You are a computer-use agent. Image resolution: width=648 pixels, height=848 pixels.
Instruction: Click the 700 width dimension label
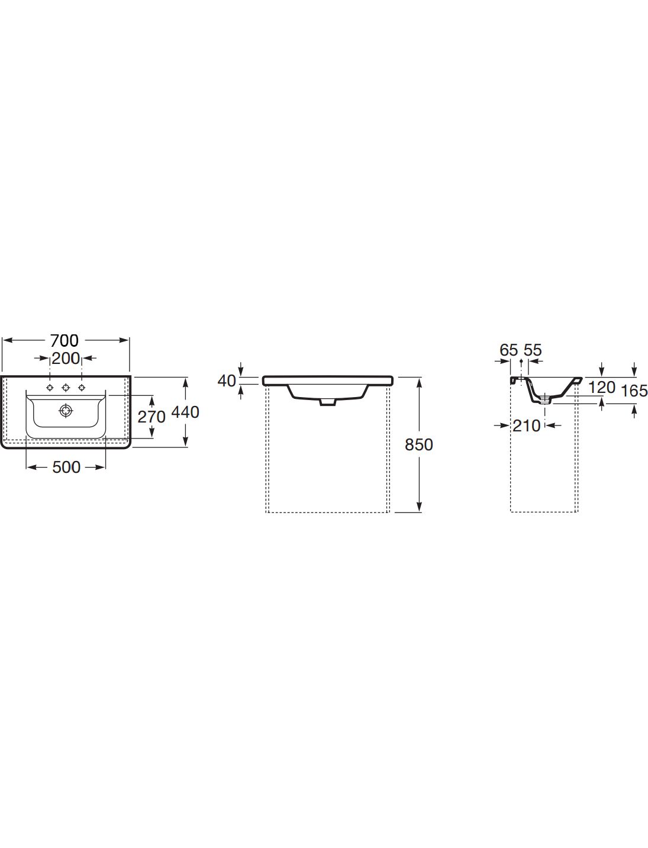[65, 340]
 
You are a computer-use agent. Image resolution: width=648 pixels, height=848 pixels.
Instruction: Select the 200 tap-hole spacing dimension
[66, 359]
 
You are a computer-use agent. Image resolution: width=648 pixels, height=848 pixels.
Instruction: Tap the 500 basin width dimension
[66, 467]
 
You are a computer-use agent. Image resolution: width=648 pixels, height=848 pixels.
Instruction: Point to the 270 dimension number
[151, 417]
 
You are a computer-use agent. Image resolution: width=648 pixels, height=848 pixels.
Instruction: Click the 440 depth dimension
[185, 412]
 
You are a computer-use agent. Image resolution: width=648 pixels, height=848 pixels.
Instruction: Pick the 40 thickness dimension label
[227, 381]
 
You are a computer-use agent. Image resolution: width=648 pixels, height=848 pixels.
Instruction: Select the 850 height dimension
[418, 445]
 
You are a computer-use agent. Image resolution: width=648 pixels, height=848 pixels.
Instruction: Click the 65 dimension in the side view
[508, 350]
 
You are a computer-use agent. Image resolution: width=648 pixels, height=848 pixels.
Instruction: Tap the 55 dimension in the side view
[533, 350]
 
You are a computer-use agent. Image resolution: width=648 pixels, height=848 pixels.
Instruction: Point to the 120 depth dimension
[602, 388]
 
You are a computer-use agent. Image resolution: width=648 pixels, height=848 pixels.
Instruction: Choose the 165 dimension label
[634, 391]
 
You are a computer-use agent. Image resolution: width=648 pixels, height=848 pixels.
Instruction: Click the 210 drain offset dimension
[526, 426]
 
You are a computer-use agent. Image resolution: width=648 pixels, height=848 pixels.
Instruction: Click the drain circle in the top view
[66, 411]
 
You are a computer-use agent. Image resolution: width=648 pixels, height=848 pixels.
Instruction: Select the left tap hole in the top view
[50, 388]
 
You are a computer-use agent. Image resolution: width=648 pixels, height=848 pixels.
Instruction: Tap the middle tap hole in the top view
[66, 388]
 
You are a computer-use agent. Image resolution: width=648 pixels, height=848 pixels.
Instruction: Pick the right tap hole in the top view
[82, 388]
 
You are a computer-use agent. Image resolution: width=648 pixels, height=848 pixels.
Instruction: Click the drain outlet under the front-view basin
[328, 402]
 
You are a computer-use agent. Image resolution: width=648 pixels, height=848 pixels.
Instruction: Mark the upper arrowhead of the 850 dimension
[420, 382]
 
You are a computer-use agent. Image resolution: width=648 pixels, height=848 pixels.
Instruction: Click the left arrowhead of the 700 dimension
[7, 340]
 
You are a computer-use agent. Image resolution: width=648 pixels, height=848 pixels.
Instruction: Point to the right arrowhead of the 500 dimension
[101, 467]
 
